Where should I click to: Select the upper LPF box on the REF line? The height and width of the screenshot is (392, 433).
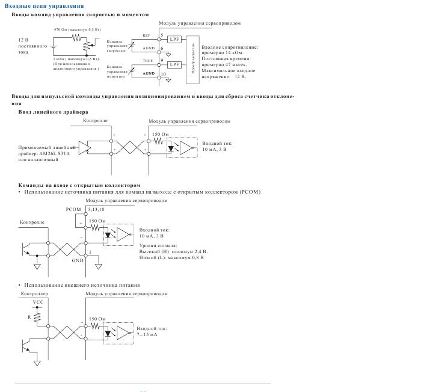pos(174,39)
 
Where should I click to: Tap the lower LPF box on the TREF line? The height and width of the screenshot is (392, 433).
pos(174,64)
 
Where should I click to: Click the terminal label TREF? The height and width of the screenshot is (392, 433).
pos(146,61)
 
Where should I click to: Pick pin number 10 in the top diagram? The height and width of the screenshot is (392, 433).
pos(163,74)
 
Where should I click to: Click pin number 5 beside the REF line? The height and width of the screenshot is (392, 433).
pos(162,35)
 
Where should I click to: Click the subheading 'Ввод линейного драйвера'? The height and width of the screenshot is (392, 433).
pos(53,112)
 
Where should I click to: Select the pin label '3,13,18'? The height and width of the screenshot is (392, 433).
pos(95,209)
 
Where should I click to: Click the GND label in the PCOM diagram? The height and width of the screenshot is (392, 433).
pos(78,261)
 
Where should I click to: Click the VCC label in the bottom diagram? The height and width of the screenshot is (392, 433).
pos(38,302)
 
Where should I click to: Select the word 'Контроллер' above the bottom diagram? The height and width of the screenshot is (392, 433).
pos(34,295)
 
